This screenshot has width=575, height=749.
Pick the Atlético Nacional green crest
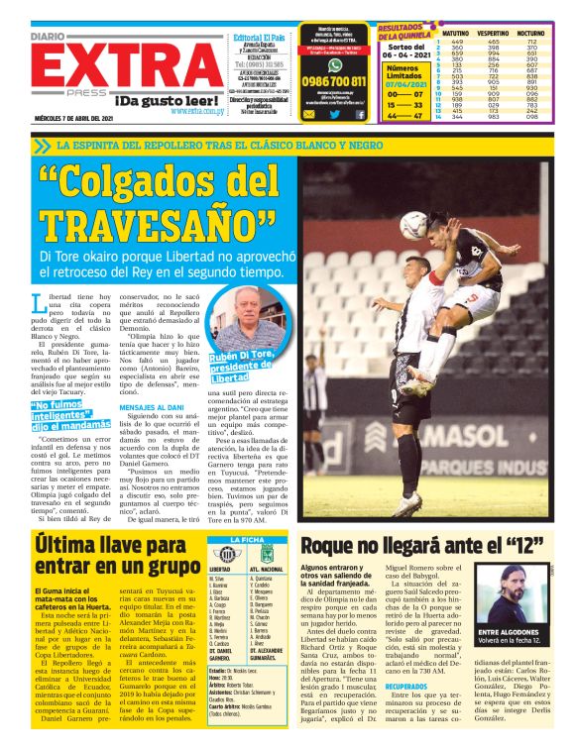[x=267, y=555]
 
